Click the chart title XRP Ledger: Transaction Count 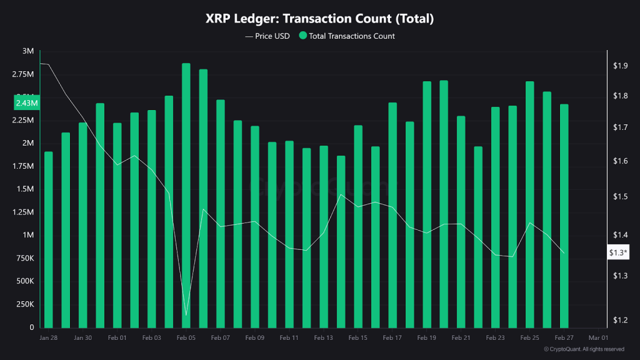coord(319,19)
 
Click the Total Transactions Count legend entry coord(347,36)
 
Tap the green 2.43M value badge coord(27,102)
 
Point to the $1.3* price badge coord(618,252)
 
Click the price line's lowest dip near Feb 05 coord(186,315)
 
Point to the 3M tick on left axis coord(28,51)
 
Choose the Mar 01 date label coord(598,337)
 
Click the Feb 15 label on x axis coord(358,337)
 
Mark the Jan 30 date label coord(83,337)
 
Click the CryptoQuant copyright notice coord(584,349)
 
